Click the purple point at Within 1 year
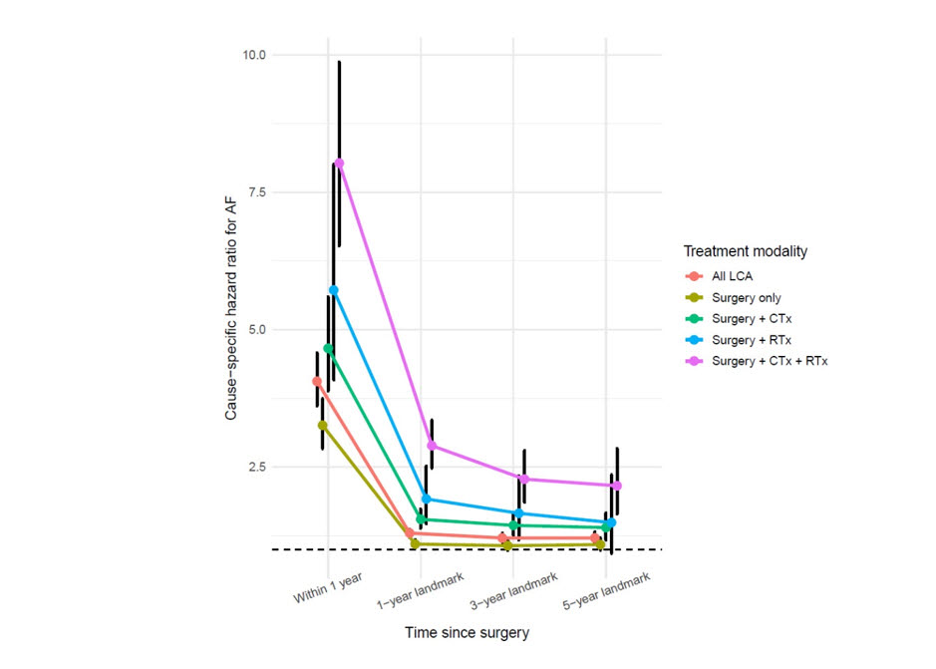tap(339, 164)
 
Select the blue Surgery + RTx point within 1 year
tap(334, 290)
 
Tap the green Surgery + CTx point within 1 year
tap(328, 348)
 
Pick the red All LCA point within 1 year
tap(317, 381)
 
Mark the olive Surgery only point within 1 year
tap(322, 426)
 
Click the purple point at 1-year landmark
tap(432, 446)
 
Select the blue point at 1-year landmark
tap(427, 499)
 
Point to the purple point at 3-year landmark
tap(524, 479)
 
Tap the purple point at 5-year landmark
tap(617, 486)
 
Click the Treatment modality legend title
tap(745, 251)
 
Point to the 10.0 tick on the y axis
tap(254, 55)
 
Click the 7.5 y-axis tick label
tap(257, 192)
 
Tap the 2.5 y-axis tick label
tap(257, 467)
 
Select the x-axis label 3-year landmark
tap(514, 591)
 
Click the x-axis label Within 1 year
tap(328, 588)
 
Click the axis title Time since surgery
tap(467, 632)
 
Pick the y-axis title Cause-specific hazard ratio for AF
tap(231, 309)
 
